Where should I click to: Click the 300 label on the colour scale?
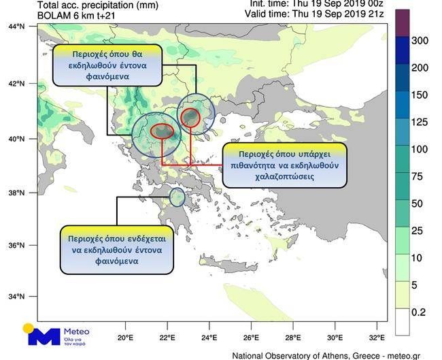420,41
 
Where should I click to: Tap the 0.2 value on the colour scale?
420,312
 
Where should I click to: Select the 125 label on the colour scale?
420,122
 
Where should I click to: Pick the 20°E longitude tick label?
124,337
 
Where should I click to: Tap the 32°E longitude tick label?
377,337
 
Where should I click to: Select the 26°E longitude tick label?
251,337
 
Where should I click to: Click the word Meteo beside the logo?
77,331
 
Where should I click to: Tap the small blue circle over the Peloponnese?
177,197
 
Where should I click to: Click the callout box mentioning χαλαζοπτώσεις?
284,165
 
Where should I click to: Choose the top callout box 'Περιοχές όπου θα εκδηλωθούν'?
107,66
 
